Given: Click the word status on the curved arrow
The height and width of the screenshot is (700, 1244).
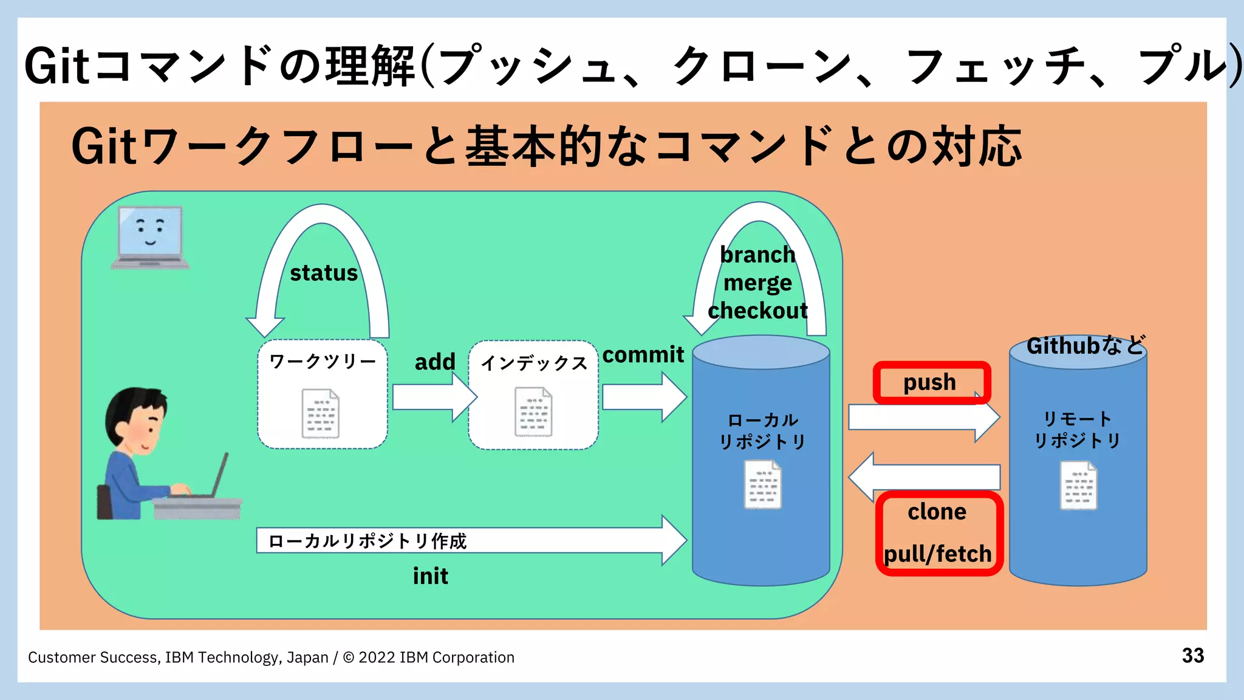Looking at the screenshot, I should pos(324,273).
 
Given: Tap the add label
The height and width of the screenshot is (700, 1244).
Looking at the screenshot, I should pos(435,362).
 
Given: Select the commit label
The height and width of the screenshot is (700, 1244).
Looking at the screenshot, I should pos(643,355).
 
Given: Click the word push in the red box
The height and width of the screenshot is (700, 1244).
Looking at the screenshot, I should pos(929,383).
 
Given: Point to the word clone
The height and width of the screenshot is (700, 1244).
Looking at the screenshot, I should pos(937,512).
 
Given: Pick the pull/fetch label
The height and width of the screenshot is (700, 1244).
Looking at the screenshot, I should pos(937,554).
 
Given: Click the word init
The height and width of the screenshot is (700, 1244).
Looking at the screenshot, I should pos(430,576).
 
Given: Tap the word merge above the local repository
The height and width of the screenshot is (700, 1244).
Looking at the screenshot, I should pos(757,283).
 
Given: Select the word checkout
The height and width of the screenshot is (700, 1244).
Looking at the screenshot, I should pos(757,311).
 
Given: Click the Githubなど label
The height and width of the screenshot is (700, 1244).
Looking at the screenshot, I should pos(1085,346).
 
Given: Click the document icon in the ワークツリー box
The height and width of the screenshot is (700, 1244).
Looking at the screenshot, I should pos(321,413).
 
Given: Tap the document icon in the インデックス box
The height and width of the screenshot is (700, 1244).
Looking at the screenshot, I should pos(533,412).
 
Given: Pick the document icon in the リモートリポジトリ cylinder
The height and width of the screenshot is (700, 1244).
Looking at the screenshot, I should pos(1078,486).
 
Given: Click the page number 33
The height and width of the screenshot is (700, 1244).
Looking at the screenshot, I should pos(1192,656).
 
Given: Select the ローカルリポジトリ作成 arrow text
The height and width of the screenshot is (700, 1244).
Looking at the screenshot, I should pos(367,541).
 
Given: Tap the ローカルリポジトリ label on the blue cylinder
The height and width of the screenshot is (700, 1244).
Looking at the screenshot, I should pos(762,431).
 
